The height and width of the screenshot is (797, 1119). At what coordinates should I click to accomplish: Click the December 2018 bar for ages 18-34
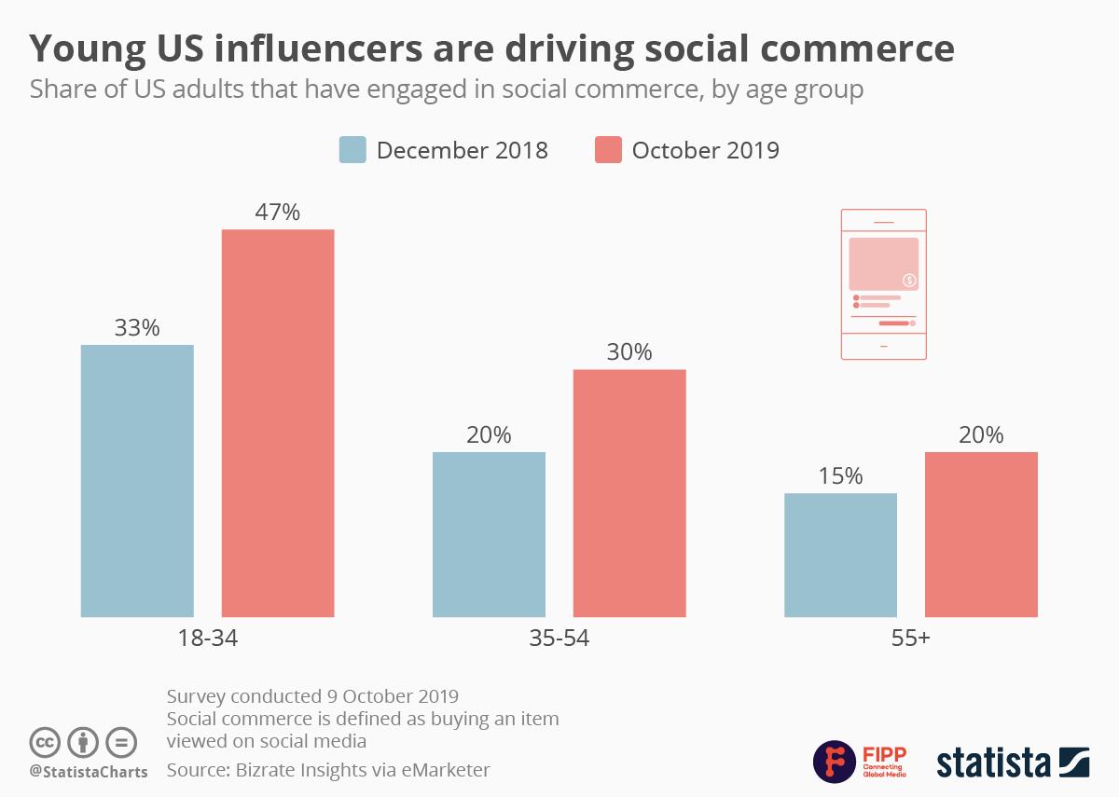click(137, 481)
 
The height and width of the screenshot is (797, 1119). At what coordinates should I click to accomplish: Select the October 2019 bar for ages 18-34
click(277, 423)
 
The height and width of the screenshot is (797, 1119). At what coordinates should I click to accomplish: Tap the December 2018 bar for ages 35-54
click(489, 534)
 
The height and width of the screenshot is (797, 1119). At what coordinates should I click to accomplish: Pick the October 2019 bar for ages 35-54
click(629, 493)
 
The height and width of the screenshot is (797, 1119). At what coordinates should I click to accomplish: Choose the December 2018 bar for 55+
click(840, 555)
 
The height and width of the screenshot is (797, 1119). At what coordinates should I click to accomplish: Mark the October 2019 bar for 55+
click(981, 534)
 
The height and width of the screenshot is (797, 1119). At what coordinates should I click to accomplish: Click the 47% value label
click(277, 213)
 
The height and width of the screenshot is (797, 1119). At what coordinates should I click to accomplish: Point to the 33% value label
click(137, 328)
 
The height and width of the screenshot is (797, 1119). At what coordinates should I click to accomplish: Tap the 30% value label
click(629, 352)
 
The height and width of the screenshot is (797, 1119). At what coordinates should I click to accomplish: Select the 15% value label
click(840, 476)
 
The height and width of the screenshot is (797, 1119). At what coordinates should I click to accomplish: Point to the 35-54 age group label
click(559, 639)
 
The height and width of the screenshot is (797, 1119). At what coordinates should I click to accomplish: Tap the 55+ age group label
click(910, 639)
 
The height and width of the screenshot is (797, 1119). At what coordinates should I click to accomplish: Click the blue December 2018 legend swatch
click(352, 150)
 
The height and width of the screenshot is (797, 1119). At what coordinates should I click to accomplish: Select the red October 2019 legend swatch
click(608, 150)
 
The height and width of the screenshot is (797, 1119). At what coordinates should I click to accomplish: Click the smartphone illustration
click(883, 284)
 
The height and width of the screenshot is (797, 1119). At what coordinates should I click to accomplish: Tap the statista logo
click(1013, 762)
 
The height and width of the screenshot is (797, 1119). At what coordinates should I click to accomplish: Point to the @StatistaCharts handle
click(89, 772)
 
